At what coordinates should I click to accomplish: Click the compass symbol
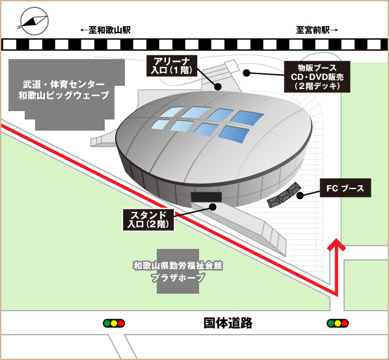[x=34, y=21]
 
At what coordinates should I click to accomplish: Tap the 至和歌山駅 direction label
[x=105, y=31]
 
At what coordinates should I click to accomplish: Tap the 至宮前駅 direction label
[x=317, y=31]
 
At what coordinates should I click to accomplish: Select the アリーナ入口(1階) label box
[x=172, y=66]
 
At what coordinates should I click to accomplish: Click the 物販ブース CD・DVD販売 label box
[x=317, y=77]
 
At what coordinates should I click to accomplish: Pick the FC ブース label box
[x=345, y=188]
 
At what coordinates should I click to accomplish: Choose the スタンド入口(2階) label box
[x=148, y=220]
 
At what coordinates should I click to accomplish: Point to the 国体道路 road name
[x=228, y=323]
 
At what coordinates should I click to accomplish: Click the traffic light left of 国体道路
[x=114, y=324]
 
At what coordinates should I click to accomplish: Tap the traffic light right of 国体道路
[x=338, y=324]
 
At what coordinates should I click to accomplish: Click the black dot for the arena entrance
[x=218, y=86]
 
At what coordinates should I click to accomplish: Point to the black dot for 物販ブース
[x=247, y=73]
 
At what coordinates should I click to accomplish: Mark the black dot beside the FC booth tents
[x=300, y=196]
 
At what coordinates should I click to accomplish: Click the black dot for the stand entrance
[x=213, y=207]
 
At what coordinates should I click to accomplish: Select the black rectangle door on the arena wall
[x=206, y=197]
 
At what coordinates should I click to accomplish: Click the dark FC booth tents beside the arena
[x=284, y=195]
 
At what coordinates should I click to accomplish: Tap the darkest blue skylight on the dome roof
[x=247, y=118]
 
